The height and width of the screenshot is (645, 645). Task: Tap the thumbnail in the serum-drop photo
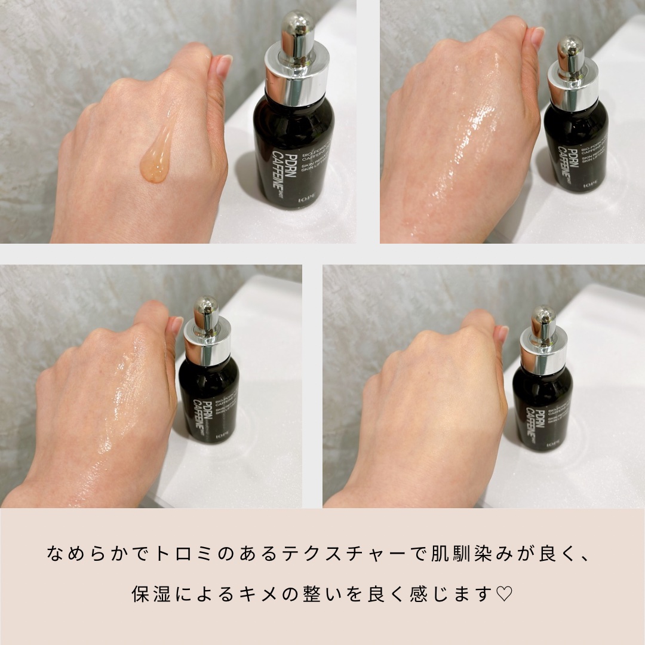click(224, 65)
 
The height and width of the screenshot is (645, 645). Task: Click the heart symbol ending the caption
click(505, 595)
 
